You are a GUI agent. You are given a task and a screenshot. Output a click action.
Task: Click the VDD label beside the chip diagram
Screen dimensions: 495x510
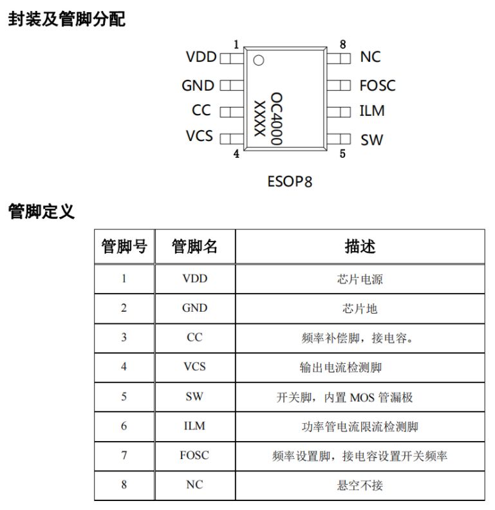pyautogui.click(x=201, y=57)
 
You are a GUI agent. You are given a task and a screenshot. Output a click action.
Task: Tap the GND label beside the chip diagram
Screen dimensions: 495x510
pyautogui.click(x=198, y=86)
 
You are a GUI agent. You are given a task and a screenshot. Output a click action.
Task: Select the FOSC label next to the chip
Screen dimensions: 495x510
pyautogui.click(x=377, y=86)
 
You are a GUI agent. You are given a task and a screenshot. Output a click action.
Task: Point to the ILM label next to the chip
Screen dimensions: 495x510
pyautogui.click(x=371, y=111)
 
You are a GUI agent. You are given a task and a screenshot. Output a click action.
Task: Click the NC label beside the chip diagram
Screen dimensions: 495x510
pyautogui.click(x=370, y=57)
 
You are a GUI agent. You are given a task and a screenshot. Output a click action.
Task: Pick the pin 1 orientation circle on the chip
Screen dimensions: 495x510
pyautogui.click(x=259, y=61)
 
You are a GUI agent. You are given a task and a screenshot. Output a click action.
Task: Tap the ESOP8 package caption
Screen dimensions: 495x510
pyautogui.click(x=290, y=181)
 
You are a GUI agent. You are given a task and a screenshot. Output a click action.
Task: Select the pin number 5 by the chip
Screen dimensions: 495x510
pyautogui.click(x=342, y=153)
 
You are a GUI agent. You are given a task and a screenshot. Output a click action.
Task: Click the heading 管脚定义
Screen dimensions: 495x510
pyautogui.click(x=41, y=211)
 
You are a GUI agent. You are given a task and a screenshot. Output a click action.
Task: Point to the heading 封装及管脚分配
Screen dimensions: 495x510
pyautogui.click(x=66, y=20)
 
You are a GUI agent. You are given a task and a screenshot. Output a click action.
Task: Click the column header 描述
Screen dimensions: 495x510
pyautogui.click(x=360, y=246)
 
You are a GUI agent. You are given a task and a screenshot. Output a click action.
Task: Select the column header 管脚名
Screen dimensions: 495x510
pyautogui.click(x=194, y=246)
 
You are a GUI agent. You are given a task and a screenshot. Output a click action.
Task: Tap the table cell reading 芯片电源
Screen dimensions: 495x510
pyautogui.click(x=360, y=279)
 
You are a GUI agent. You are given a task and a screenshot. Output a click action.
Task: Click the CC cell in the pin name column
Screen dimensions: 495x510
pyautogui.click(x=194, y=337)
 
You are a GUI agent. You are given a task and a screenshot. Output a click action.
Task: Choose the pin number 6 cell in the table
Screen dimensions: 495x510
pyautogui.click(x=124, y=426)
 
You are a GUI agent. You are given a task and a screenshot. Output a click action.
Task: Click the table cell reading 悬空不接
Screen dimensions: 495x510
pyautogui.click(x=360, y=485)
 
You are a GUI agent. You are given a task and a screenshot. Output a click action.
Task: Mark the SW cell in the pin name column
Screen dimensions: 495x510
pyautogui.click(x=194, y=396)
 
